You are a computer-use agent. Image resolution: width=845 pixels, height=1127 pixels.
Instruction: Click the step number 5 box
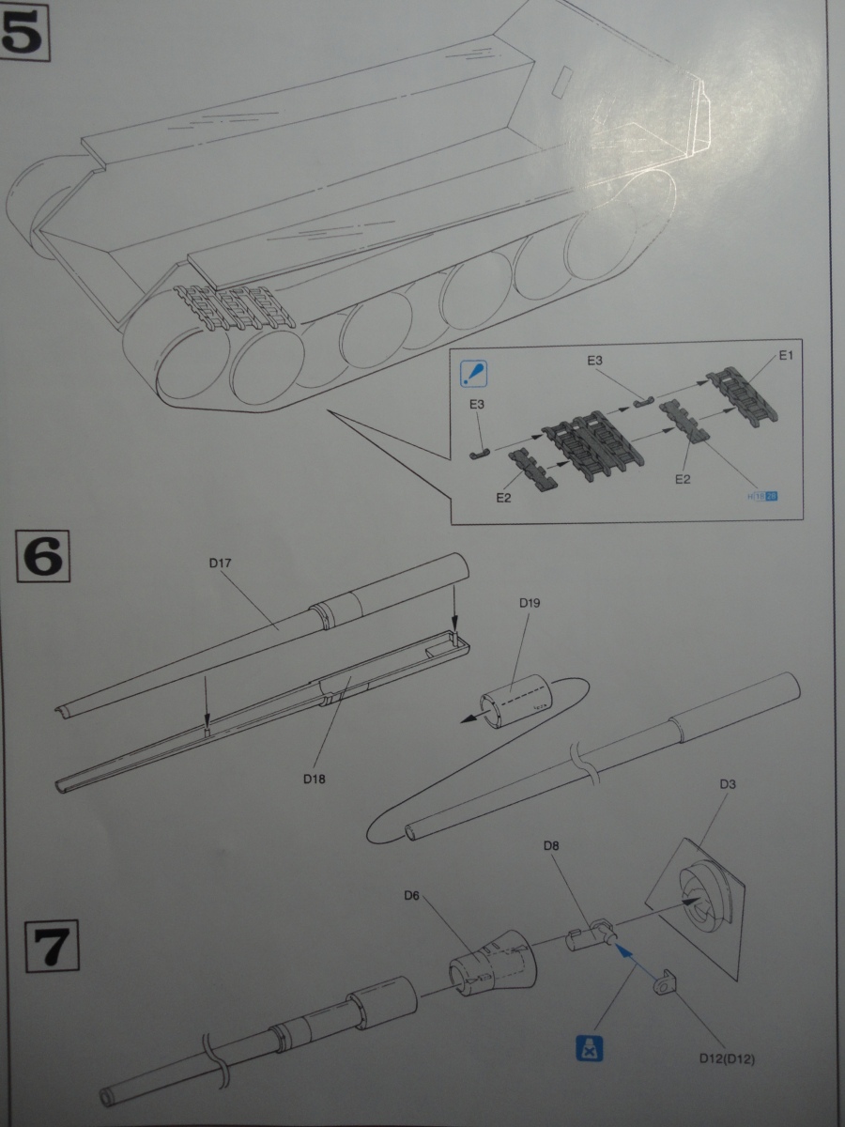coord(25,33)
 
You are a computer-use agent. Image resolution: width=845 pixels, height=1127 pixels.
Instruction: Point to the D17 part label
coord(222,564)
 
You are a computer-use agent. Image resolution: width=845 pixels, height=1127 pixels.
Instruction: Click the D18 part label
coord(316,778)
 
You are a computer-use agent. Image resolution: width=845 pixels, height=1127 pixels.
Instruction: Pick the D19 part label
coord(530,603)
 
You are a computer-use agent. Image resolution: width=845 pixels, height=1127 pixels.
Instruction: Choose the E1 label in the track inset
coord(786,356)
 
